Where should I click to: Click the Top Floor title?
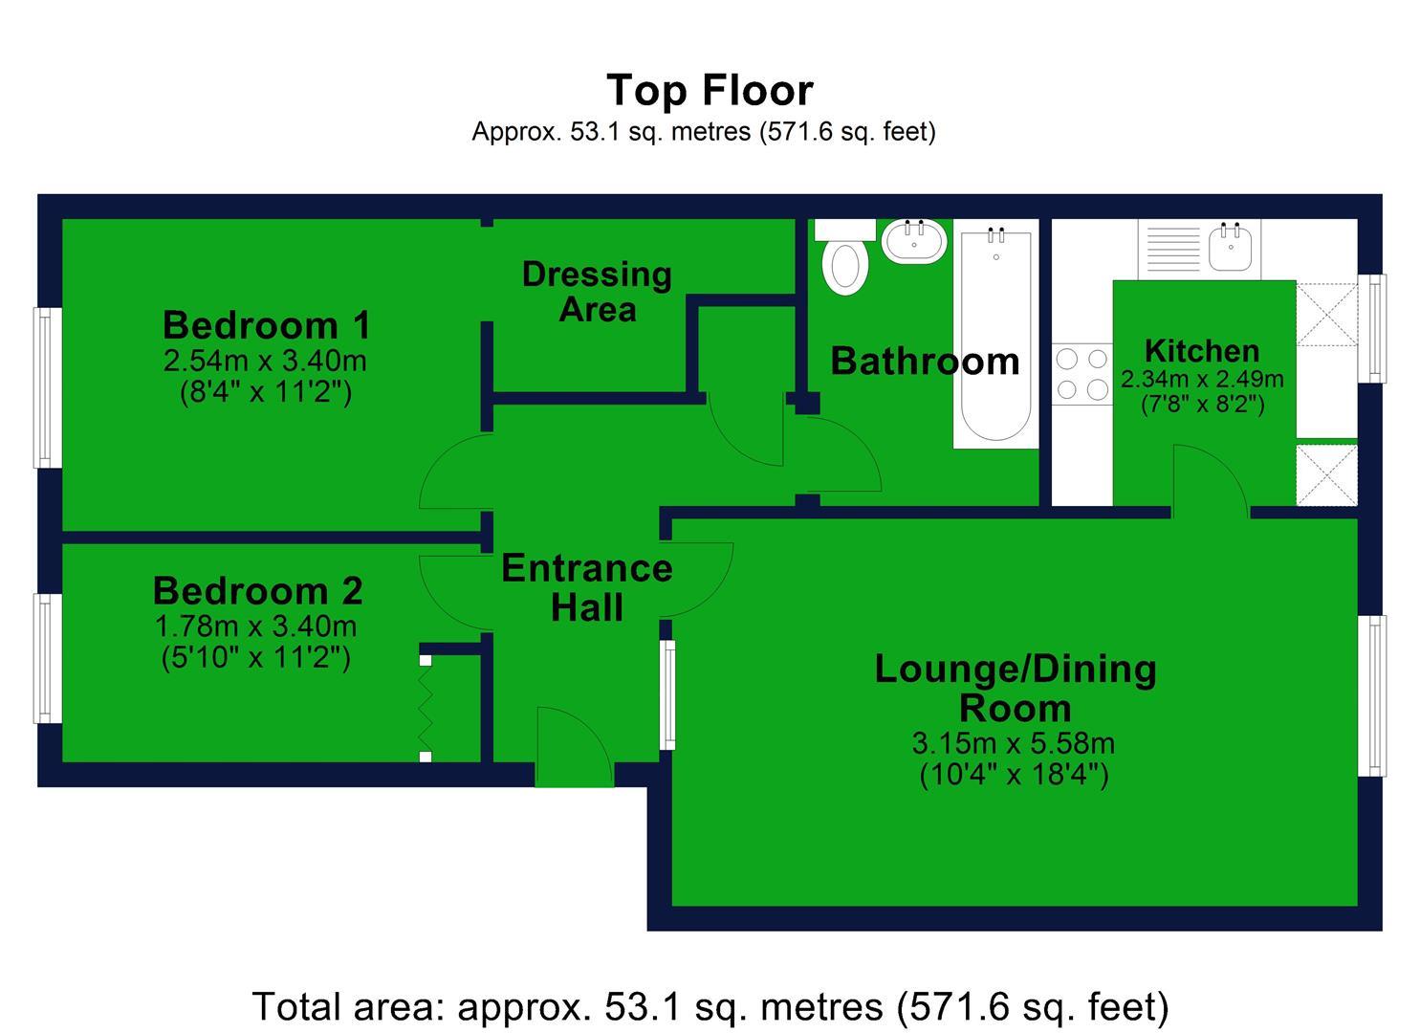pyautogui.click(x=710, y=91)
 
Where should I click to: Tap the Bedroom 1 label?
pyautogui.click(x=266, y=325)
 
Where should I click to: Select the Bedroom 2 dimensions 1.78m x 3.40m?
pyautogui.click(x=255, y=626)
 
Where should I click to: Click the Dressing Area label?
pyautogui.click(x=597, y=292)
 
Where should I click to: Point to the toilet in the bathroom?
pyautogui.click(x=844, y=266)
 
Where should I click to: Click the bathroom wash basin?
pyautogui.click(x=915, y=241)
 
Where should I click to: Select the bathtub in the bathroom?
pyautogui.click(x=995, y=340)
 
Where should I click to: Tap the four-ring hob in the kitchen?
pyautogui.click(x=1081, y=374)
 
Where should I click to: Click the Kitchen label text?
pyautogui.click(x=1201, y=351)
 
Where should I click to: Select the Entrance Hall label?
pyautogui.click(x=586, y=587)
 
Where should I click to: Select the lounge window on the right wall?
pyautogui.click(x=1373, y=695)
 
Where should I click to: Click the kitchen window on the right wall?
pyautogui.click(x=1373, y=328)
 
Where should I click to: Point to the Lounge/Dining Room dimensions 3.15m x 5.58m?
pyautogui.click(x=1014, y=743)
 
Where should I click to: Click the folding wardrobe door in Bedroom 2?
pyautogui.click(x=426, y=708)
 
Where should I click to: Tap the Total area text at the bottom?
pyautogui.click(x=710, y=1007)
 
